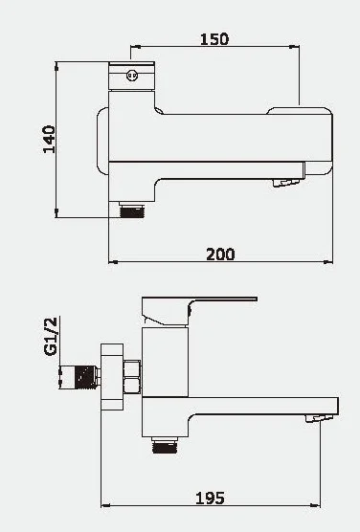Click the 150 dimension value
pyautogui.click(x=214, y=39)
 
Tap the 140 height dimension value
pyautogui.click(x=49, y=140)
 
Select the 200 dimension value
pyautogui.click(x=220, y=255)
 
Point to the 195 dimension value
pyautogui.click(x=210, y=499)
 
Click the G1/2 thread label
pyautogui.click(x=51, y=336)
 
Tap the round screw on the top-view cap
pyautogui.click(x=132, y=75)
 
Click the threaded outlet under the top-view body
pyautogui.click(x=132, y=210)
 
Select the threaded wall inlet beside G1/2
pyautogui.click(x=80, y=377)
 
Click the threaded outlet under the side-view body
pyautogui.click(x=165, y=445)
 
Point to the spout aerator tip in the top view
pyautogui.click(x=285, y=183)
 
